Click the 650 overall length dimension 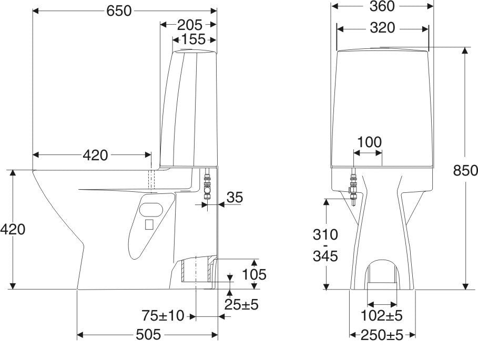[x=119, y=11]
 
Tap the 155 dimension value [x=194, y=39]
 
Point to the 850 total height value [x=465, y=170]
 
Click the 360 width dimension [x=382, y=6]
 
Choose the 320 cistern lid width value [x=382, y=28]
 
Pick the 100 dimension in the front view [x=369, y=142]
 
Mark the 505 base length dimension [x=148, y=335]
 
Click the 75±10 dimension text [x=163, y=315]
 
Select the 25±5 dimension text [x=241, y=304]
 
